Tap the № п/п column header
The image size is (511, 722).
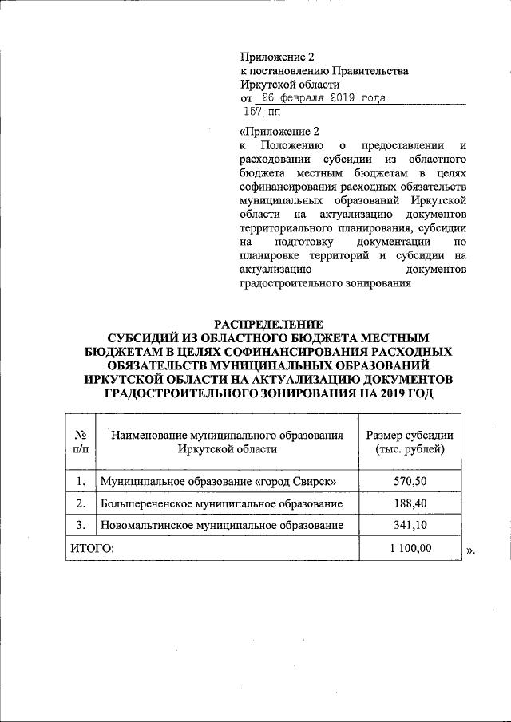point(80,442)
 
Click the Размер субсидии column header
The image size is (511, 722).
point(410,442)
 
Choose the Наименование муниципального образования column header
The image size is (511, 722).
point(228,442)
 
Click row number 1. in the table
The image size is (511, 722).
point(80,482)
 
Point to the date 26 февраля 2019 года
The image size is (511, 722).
point(318,98)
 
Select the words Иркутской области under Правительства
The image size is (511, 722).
point(290,84)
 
